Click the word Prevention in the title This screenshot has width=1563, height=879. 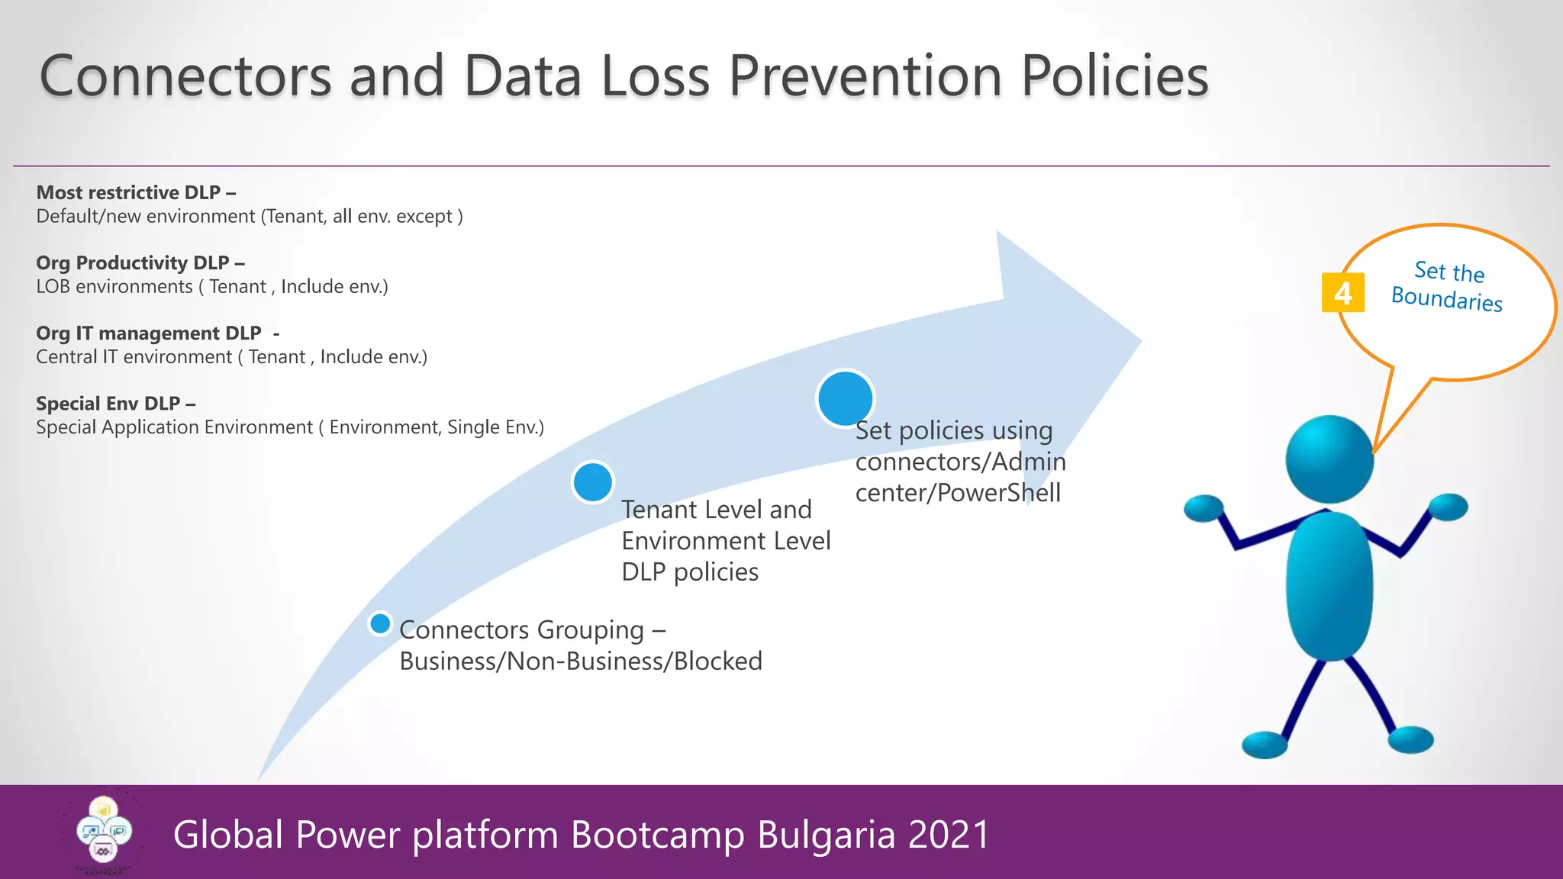coord(865,76)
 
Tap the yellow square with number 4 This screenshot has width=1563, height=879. coord(1342,293)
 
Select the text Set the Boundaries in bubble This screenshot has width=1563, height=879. coord(1448,285)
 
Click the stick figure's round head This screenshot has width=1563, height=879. coord(1329,459)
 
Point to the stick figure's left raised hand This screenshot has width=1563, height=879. coord(1204,509)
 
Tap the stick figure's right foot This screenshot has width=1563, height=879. coord(1410,739)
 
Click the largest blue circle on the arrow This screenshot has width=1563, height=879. coord(845,398)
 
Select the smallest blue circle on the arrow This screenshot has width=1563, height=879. coord(380,623)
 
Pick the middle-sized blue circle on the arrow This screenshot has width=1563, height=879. coord(593,482)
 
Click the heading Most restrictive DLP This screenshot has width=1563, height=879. coord(136,192)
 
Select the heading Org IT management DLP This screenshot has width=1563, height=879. coord(156,333)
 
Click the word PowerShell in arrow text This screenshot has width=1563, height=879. coord(999,493)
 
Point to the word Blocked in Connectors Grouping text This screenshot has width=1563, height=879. coord(717,661)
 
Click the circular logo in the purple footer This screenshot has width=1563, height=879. coord(104,832)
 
